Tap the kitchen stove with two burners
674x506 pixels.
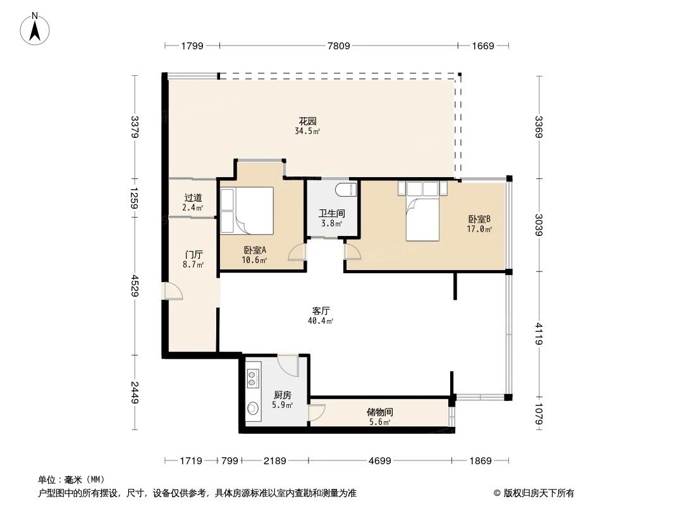[x=254, y=378]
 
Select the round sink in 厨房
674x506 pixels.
[x=253, y=409]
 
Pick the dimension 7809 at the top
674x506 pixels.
[x=338, y=46]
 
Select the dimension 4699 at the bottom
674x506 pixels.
[x=379, y=461]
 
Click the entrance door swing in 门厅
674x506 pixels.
[x=173, y=290]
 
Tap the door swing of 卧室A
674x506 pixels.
[x=296, y=254]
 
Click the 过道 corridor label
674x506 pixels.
[x=193, y=198]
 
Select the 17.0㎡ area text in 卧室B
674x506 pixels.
[x=480, y=230]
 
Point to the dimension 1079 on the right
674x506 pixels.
[x=538, y=414]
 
